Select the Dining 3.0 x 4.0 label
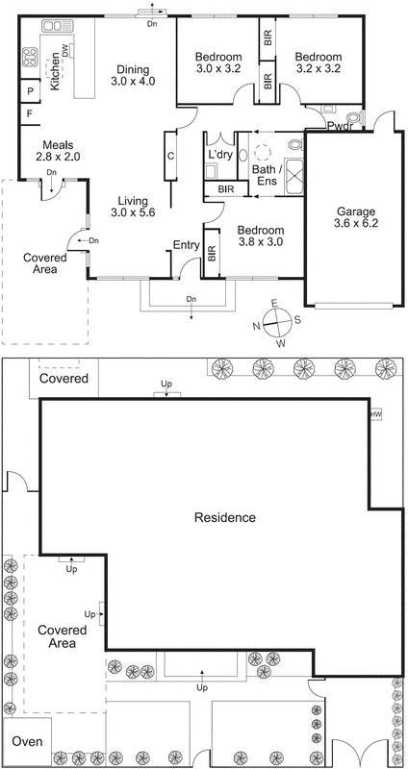(x=131, y=76)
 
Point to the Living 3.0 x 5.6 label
(x=132, y=206)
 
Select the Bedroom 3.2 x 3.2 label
(x=319, y=62)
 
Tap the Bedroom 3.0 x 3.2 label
(x=217, y=62)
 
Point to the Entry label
(x=185, y=245)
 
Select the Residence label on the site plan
(x=225, y=517)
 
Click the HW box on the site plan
(x=376, y=414)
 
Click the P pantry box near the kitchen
(x=31, y=91)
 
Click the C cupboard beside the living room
(x=169, y=156)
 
